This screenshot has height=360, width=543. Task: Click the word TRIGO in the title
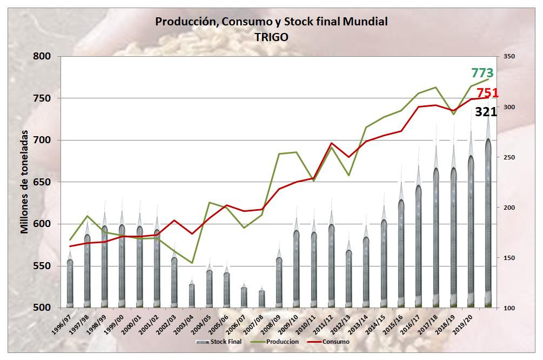[x=271, y=37]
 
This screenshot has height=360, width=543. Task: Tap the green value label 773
[x=482, y=73]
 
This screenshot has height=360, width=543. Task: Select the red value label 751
[x=487, y=94]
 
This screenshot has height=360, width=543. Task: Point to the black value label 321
[x=486, y=112]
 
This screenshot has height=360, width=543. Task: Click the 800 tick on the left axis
[x=42, y=56]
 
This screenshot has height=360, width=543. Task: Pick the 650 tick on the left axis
[x=42, y=182]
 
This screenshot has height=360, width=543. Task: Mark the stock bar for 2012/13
[x=349, y=279]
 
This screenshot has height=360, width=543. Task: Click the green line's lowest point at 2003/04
[x=192, y=263]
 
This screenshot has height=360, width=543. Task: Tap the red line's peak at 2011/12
[x=332, y=143]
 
